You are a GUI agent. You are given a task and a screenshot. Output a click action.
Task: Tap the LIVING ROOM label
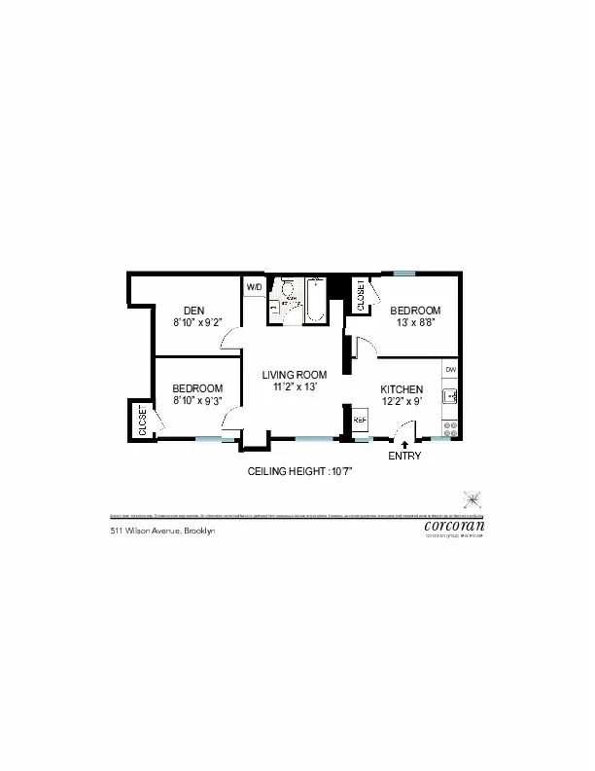coord(295,374)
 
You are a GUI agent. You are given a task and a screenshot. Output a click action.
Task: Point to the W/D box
coord(254,287)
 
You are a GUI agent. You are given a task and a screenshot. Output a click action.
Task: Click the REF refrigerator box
coord(359,421)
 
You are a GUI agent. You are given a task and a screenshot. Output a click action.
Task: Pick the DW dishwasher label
coord(450,370)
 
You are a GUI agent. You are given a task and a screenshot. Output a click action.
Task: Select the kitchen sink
coord(450,396)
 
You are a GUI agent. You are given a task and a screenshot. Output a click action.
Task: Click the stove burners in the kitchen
coord(450,425)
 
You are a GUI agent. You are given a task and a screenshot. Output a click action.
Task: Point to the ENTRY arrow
coord(404,444)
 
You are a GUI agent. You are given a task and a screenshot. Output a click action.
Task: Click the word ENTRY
coord(404,456)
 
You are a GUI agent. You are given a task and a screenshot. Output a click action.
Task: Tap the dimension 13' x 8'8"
coord(415,322)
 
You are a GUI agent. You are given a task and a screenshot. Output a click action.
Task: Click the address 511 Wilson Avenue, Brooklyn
coord(161,531)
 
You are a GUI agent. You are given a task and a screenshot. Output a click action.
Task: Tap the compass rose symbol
coord(472,498)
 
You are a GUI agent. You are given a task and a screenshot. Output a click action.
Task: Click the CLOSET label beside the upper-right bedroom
coord(361,295)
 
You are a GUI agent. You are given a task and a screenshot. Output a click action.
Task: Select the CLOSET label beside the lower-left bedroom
coord(142,421)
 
